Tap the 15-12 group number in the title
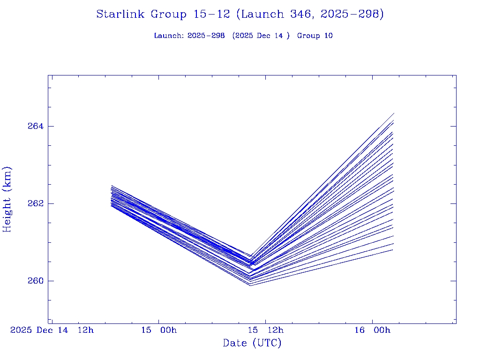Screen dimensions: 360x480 pos(211,14)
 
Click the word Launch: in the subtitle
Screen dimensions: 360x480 pos(169,36)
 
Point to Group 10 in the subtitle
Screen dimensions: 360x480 pos(315,36)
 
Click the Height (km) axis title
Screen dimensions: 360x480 pos(7,199)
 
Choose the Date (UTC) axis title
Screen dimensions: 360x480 pos(252,343)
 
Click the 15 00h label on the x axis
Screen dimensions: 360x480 pos(159,330)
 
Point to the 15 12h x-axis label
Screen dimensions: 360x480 pos(266,330)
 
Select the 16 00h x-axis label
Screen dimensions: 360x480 pos(373,330)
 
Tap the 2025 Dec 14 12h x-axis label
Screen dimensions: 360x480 pos(52,330)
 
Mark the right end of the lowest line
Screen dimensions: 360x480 pos(393,250)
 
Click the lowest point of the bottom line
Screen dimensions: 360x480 pos(250,285)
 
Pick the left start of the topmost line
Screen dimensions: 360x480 pos(112,186)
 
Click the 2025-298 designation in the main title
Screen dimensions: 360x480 pos(351,14)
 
